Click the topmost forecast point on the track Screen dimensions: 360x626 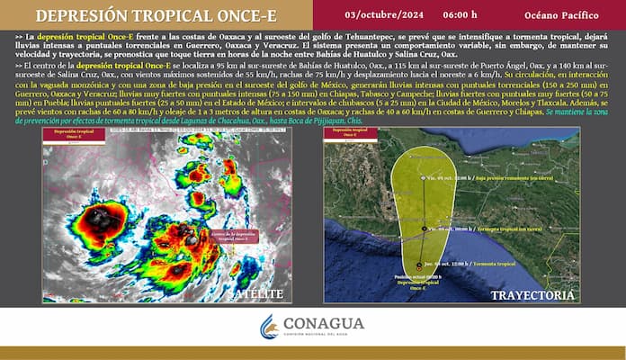point(422,178)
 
